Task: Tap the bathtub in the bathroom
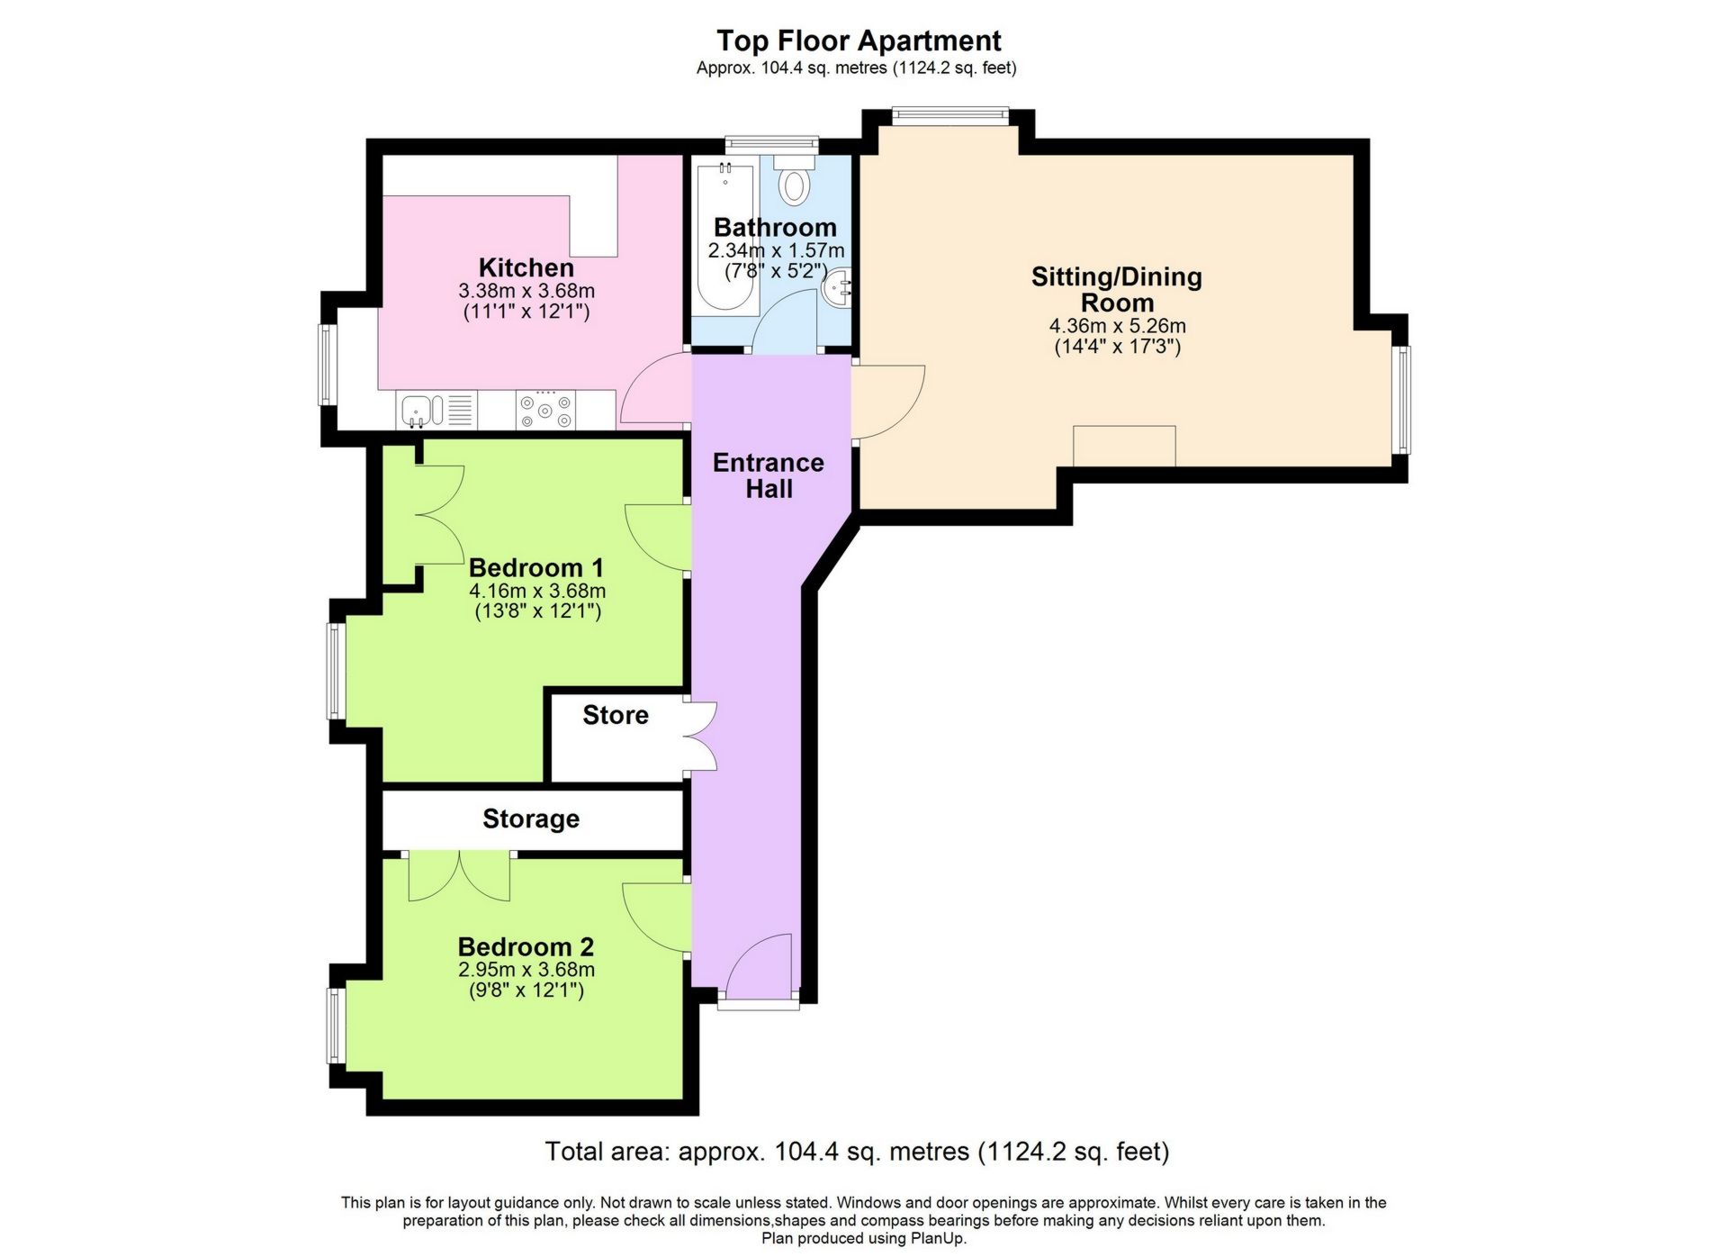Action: [x=725, y=238]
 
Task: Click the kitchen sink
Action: [x=421, y=411]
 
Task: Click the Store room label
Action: [x=616, y=715]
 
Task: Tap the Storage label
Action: [x=531, y=818]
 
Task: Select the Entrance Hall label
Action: [x=769, y=475]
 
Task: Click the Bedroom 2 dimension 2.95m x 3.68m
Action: [x=526, y=970]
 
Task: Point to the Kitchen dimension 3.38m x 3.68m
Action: [x=526, y=291]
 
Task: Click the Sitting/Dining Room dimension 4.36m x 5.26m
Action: [x=1117, y=326]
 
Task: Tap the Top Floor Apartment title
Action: [x=859, y=41]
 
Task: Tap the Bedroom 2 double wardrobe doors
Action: [x=459, y=877]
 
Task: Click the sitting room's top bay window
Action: [x=949, y=113]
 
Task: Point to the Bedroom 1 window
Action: [x=334, y=671]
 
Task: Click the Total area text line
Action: [x=857, y=1151]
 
